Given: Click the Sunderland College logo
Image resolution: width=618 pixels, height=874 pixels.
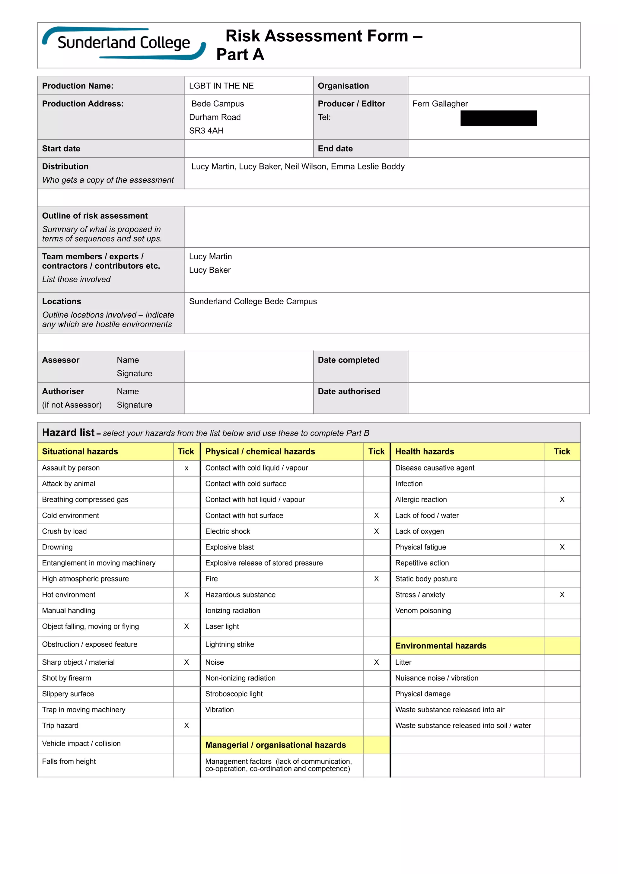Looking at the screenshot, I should (124, 43).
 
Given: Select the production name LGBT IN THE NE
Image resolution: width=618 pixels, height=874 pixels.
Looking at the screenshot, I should (221, 86).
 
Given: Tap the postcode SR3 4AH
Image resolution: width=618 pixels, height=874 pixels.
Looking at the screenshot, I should (206, 131).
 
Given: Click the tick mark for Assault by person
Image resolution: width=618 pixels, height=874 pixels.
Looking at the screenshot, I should (186, 468).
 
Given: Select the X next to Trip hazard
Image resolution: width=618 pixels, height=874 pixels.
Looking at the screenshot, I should (186, 726).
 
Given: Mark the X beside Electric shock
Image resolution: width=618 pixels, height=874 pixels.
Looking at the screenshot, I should (376, 531).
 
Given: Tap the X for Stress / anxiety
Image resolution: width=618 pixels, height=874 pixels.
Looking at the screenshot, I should (562, 595).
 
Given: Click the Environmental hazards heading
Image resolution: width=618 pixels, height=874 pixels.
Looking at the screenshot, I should (441, 646).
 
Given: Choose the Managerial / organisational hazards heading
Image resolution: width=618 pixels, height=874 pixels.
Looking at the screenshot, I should (275, 745).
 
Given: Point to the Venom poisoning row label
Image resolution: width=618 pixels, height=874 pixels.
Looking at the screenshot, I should (423, 611).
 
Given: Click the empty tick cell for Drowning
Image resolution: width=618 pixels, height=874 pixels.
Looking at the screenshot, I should (186, 547).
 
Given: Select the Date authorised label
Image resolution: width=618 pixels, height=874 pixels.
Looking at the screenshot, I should (349, 391).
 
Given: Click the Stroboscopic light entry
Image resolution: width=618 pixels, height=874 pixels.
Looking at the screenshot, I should (234, 694).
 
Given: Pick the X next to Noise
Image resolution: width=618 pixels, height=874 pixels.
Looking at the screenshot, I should (376, 662).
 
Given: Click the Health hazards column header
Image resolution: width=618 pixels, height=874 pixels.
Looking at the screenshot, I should (425, 451).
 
